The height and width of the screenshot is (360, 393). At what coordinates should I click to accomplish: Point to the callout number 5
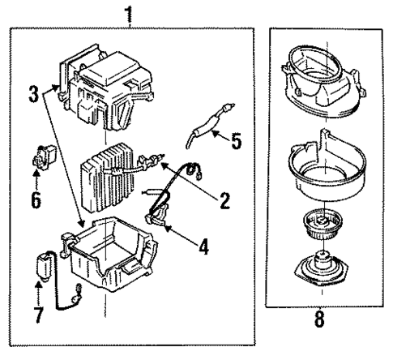[236, 141]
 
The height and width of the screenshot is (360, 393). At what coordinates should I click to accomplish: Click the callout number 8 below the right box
[320, 319]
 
